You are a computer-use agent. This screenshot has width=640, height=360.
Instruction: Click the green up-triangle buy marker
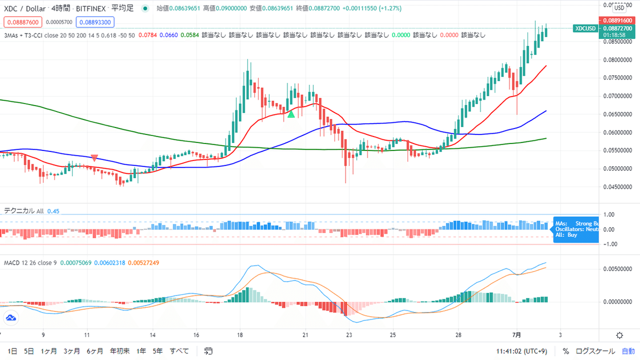tap(291, 114)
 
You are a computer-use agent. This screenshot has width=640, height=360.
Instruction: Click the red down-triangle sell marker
tap(94, 158)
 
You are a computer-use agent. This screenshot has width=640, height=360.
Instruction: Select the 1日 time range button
tap(13, 351)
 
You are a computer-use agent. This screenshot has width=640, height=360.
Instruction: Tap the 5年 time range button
tap(157, 351)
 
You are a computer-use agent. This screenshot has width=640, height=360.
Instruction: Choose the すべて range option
tap(179, 351)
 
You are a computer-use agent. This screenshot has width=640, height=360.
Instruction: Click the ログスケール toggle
tap(595, 351)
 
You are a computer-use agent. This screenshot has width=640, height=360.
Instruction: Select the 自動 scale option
tap(628, 351)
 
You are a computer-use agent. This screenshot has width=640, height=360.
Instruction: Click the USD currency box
tap(620, 8)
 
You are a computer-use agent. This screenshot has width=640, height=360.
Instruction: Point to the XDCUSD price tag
tap(586, 28)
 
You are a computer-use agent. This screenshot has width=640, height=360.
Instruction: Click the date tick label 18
tap(240, 335)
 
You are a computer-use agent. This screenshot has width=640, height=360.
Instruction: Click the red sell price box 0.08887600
tap(21, 22)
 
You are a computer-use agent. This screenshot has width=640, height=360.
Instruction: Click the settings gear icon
tap(619, 335)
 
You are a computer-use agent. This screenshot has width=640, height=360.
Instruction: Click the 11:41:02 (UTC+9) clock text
tap(524, 351)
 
